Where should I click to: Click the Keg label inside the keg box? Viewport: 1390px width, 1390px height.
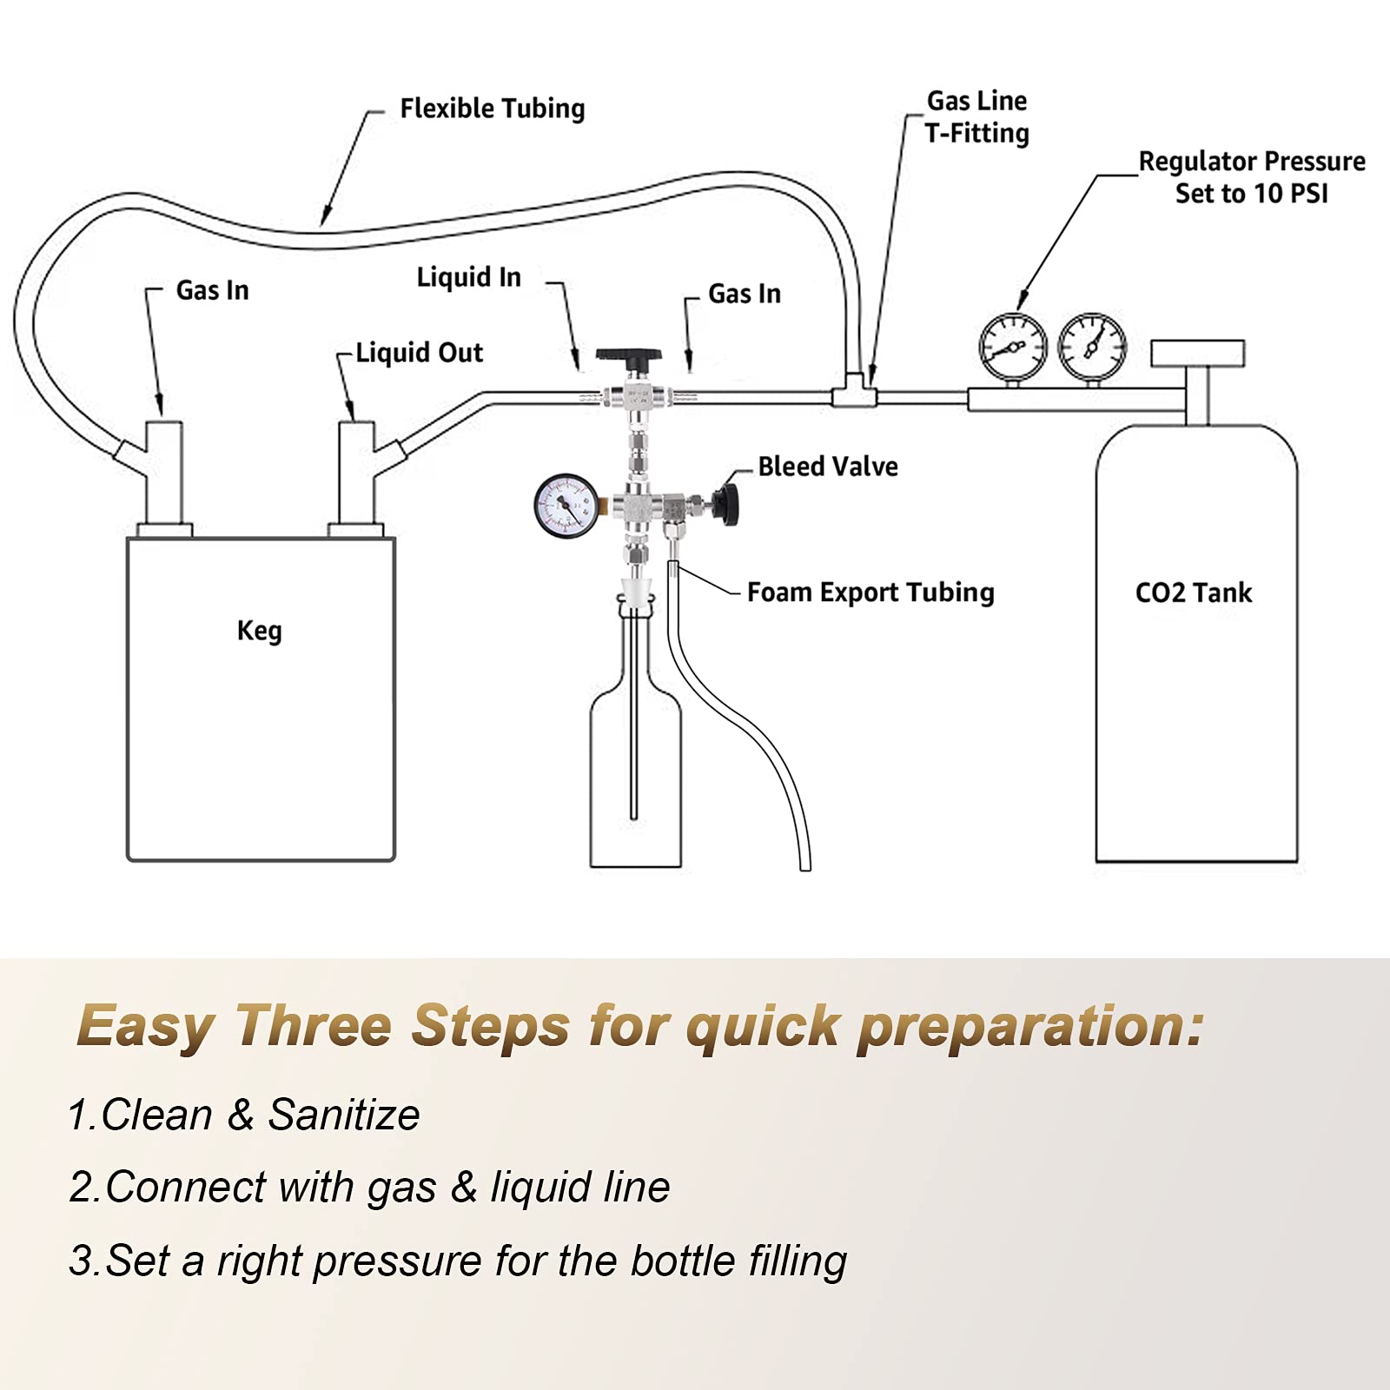click(259, 631)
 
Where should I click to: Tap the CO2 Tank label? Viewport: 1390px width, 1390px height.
click(1193, 593)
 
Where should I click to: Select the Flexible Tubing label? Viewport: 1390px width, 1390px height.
click(492, 109)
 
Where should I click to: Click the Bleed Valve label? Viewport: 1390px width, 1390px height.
click(827, 467)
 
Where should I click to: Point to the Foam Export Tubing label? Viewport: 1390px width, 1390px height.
click(870, 592)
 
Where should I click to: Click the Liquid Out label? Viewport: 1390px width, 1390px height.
click(419, 353)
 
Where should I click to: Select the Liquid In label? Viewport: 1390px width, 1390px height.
click(468, 277)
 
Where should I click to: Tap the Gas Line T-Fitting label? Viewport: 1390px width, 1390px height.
click(976, 117)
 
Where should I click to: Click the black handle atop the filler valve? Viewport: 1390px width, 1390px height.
click(628, 356)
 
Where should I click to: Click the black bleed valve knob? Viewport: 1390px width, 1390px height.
click(725, 502)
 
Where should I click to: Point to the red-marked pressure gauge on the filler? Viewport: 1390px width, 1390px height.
click(566, 505)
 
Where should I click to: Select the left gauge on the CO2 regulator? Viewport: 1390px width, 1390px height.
click(1012, 347)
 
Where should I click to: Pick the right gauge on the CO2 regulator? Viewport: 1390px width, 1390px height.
click(1092, 347)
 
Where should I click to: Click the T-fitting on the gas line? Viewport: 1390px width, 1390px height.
click(856, 393)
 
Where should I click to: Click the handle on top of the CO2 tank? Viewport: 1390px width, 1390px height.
click(1197, 354)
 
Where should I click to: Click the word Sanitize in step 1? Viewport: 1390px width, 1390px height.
click(343, 1115)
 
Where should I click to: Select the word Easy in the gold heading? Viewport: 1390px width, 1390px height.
click(146, 1027)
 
